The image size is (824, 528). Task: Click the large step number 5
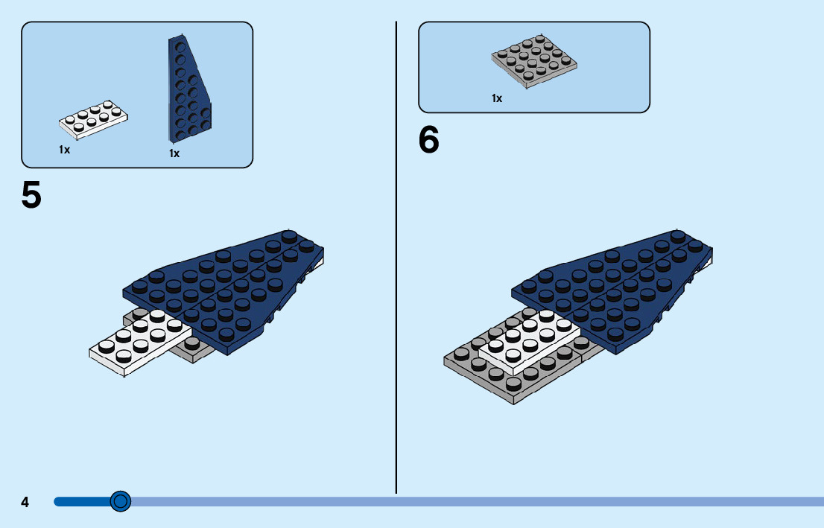pyautogui.click(x=31, y=195)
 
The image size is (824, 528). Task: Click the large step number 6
pyautogui.click(x=429, y=140)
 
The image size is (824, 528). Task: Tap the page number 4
pyautogui.click(x=25, y=502)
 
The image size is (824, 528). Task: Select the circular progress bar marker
pyautogui.click(x=120, y=501)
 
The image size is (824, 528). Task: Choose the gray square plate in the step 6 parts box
pyautogui.click(x=534, y=62)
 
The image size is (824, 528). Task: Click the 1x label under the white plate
pyautogui.click(x=65, y=150)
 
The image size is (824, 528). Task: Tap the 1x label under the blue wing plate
pyautogui.click(x=174, y=153)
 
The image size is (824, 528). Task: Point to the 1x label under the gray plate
pyautogui.click(x=497, y=98)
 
